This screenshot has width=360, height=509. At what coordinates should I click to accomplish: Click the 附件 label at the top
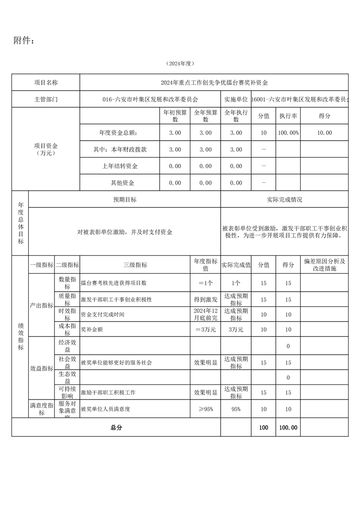click(24, 41)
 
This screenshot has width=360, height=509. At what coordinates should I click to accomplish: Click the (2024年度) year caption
click(180, 64)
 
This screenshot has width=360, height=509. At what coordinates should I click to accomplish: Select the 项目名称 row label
click(46, 83)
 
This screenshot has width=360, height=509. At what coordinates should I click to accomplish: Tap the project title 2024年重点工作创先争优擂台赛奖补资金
click(214, 83)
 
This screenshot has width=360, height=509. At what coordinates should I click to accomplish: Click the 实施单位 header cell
click(236, 99)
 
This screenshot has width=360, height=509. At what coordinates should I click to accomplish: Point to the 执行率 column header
click(288, 116)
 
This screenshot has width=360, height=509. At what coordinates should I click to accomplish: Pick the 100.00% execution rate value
click(288, 133)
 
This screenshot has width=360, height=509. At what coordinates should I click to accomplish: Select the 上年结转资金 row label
click(120, 166)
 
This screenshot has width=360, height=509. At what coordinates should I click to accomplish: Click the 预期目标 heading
click(124, 200)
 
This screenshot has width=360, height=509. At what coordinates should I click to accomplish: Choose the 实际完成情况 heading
click(285, 200)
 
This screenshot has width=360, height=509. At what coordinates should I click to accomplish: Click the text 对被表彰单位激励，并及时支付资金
click(125, 232)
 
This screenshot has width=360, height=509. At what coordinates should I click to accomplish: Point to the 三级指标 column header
click(135, 265)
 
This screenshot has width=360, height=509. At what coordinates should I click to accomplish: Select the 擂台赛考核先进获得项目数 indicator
click(113, 283)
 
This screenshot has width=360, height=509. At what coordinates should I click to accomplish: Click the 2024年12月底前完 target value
click(206, 314)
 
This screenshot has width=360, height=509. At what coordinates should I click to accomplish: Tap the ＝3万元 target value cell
click(205, 329)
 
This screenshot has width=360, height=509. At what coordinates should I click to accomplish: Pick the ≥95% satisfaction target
click(205, 409)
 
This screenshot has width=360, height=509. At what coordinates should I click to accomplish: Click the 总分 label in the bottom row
click(116, 427)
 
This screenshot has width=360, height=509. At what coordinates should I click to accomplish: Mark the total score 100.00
click(288, 427)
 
